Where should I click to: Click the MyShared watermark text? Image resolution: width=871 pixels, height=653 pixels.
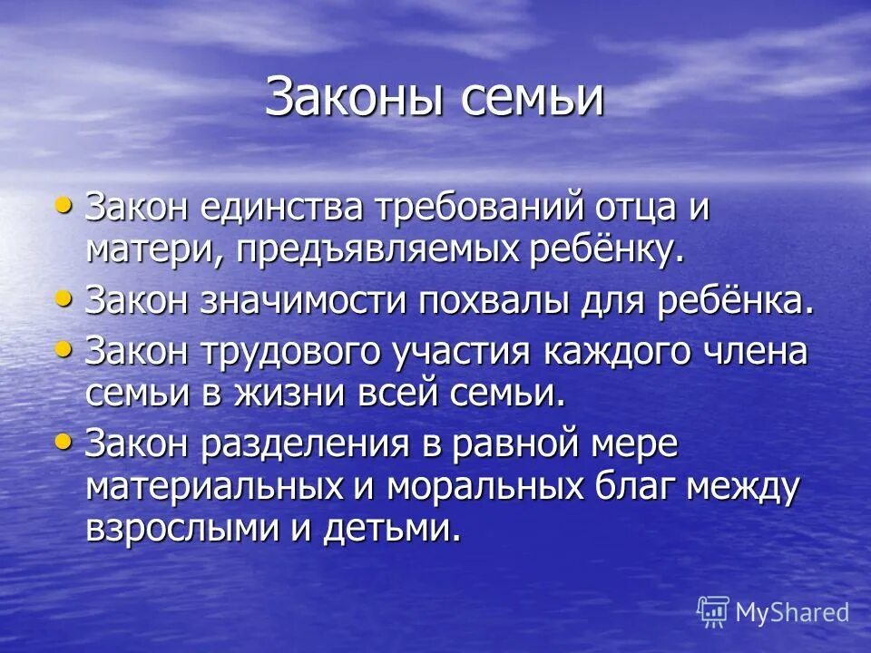click(x=791, y=613)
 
